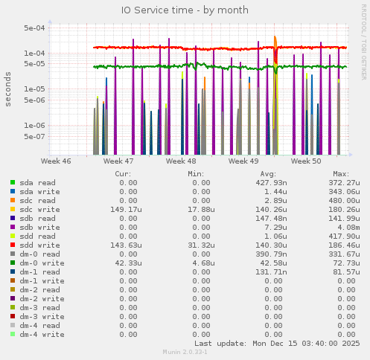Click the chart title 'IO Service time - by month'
coord(184,10)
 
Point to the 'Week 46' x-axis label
coord(56,161)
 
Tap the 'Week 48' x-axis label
coord(181,161)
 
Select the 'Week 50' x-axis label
coord(306,161)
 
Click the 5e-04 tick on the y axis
coord(34,28)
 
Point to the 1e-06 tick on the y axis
coord(34,125)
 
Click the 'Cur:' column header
coord(124,173)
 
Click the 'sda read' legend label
coord(37,182)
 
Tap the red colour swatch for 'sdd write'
coord(13,245)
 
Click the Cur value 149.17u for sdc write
coord(121,209)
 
